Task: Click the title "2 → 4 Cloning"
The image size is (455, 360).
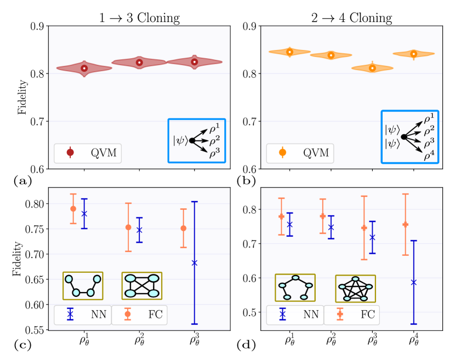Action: coord(350,18)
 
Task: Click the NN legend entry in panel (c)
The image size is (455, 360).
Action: coord(82,315)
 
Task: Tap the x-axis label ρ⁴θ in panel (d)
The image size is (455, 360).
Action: coord(414,340)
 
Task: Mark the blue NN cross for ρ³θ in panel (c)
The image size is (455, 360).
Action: coord(194,263)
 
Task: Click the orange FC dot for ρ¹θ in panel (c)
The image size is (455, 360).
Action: coord(73,209)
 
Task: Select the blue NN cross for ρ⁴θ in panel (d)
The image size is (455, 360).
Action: coord(414,282)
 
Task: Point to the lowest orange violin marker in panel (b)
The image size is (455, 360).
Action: coord(372,68)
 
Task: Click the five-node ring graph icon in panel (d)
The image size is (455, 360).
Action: coord(295,288)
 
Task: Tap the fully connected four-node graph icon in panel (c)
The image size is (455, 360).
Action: coord(142,285)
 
